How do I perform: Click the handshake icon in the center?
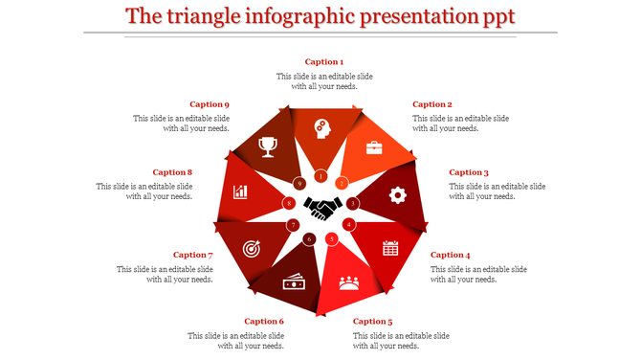(x=322, y=205)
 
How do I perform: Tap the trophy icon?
(x=269, y=146)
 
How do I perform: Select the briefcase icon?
(x=373, y=147)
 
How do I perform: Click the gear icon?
(x=397, y=195)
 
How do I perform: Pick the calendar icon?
(x=390, y=249)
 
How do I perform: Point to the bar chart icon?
(x=241, y=191)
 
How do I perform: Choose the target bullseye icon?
(x=252, y=248)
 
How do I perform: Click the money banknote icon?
(x=293, y=282)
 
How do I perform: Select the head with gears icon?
(x=321, y=127)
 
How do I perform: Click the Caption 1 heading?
(x=323, y=62)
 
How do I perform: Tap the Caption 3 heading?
(x=469, y=173)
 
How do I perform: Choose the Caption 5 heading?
(x=372, y=322)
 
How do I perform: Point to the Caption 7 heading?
(x=192, y=255)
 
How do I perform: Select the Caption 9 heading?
(x=209, y=104)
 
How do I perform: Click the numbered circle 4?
(x=349, y=224)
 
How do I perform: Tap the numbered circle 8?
(x=289, y=203)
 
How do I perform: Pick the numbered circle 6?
(x=308, y=239)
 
